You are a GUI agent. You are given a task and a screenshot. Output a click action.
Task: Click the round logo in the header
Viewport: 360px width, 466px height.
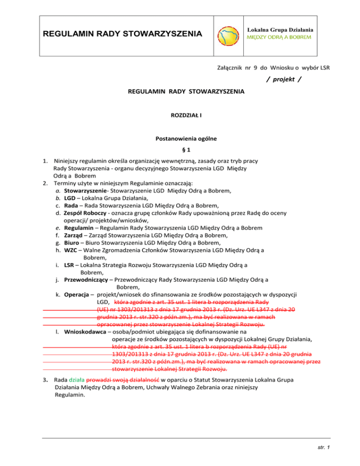[230, 35]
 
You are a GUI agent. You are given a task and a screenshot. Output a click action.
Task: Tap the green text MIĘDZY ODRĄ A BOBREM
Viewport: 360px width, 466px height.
[281, 37]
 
